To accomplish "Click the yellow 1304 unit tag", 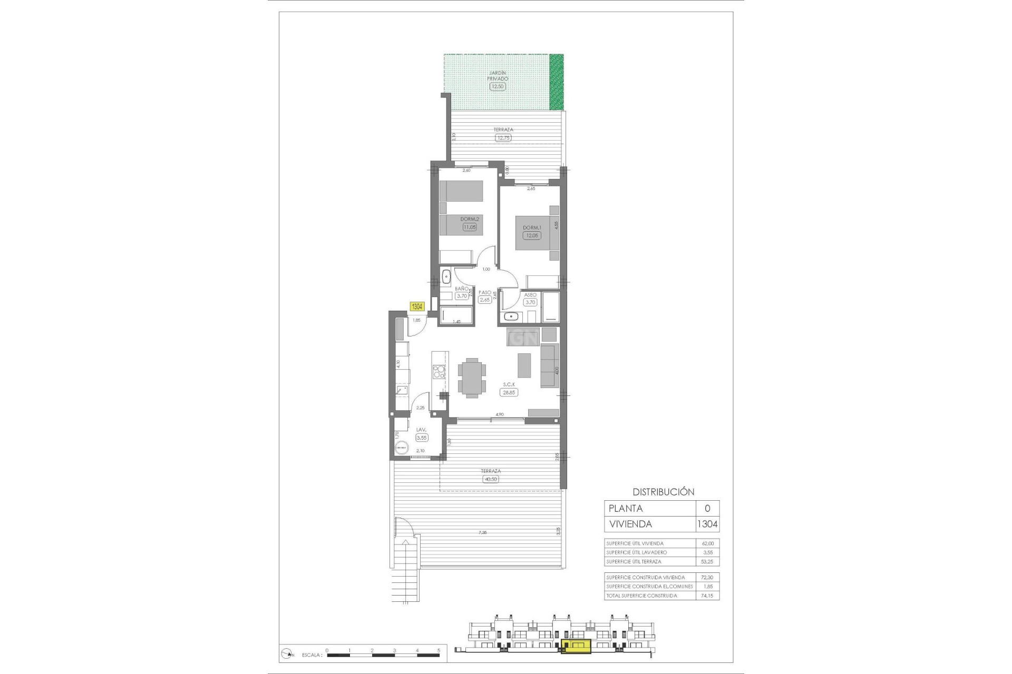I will (x=417, y=306).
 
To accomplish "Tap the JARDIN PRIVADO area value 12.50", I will (x=497, y=86).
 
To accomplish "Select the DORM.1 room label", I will (x=532, y=228).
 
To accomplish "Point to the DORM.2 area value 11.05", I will (x=469, y=227).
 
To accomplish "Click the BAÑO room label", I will (x=462, y=289).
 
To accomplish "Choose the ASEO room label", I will (x=530, y=295).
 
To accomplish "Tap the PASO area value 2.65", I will (x=484, y=300).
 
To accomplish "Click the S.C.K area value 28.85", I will (x=509, y=392).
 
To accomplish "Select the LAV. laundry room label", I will (x=421, y=430).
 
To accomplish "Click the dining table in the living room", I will (x=472, y=377).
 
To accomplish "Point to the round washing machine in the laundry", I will (x=402, y=447).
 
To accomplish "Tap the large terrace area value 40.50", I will (x=490, y=479).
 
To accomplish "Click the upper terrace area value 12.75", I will (x=503, y=138).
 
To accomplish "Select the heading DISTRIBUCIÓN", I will (x=663, y=492).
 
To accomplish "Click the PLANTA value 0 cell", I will (x=707, y=508).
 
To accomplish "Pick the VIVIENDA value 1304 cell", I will (x=707, y=524).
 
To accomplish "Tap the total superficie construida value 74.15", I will (x=707, y=596).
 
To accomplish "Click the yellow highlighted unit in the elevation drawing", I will (x=577, y=647).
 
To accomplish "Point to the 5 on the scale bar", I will (x=439, y=651).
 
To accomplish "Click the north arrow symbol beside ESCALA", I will (x=288, y=655).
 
